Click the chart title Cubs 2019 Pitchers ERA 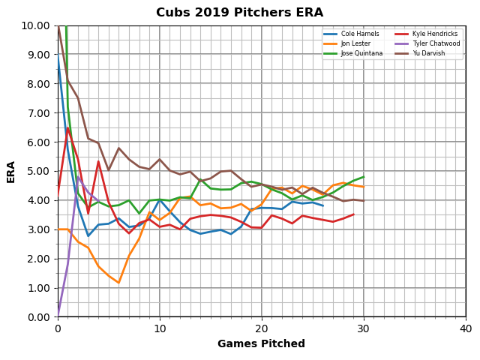(x=239, y=13)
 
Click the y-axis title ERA (x=11, y=171)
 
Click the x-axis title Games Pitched (x=261, y=344)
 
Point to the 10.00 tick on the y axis (x=36, y=25)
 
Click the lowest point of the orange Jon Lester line (x=118, y=283)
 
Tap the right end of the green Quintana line (x=364, y=177)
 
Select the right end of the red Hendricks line (x=353, y=214)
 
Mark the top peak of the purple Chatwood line (x=78, y=177)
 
